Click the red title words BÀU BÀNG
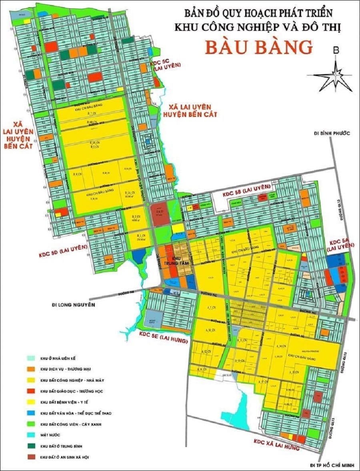point(259,47)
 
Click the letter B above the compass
point(336,50)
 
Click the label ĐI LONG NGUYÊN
point(74,305)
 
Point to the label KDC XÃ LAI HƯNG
point(276,444)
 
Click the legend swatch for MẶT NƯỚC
point(34,435)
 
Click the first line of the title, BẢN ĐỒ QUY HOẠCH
point(258,13)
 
